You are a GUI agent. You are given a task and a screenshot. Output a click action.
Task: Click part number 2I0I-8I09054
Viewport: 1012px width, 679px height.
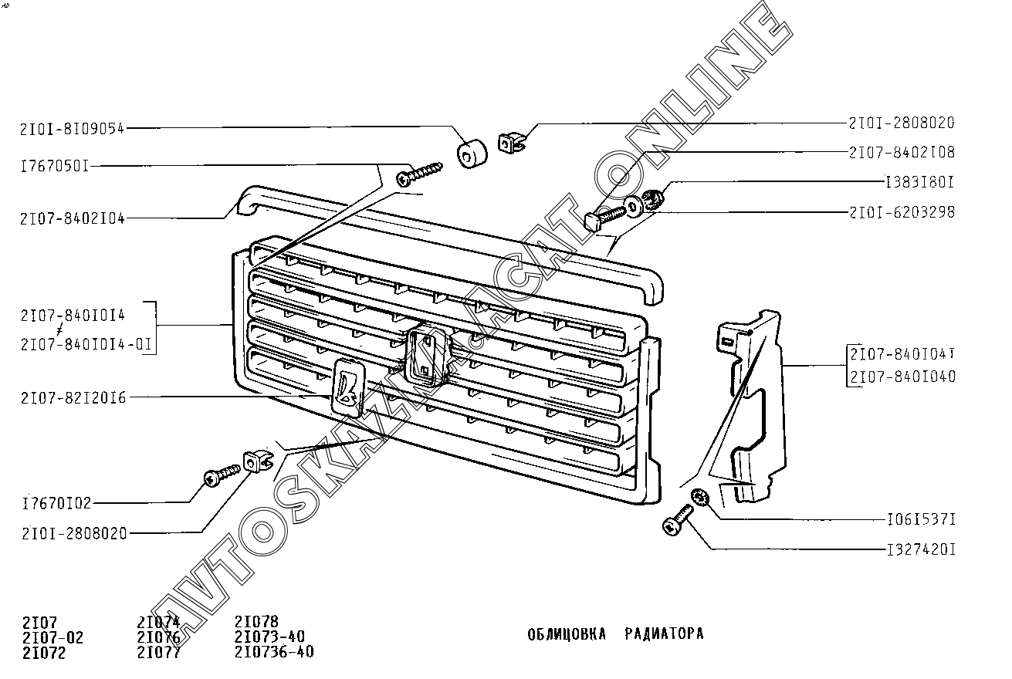tap(73, 129)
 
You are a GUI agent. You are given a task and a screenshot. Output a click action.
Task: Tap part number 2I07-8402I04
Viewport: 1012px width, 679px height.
tap(73, 218)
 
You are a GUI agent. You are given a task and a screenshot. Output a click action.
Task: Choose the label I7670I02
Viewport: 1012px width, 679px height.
tap(57, 504)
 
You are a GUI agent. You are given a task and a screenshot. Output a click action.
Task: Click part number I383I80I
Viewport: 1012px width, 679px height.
tap(919, 183)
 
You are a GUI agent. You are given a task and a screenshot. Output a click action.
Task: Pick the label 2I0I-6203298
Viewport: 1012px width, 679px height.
tap(902, 212)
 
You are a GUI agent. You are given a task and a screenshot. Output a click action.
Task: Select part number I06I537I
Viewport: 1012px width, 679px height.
tap(920, 520)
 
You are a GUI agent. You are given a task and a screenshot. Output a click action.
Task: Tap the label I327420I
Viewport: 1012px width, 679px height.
tap(920, 551)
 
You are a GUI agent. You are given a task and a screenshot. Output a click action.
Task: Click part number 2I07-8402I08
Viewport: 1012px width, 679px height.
tap(902, 153)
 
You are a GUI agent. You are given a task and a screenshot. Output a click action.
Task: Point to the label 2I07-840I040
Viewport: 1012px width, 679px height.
tap(902, 377)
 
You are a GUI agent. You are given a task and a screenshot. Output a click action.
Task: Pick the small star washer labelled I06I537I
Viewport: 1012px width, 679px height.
tap(701, 498)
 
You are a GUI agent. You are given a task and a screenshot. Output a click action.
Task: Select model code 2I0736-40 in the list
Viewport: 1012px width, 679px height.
tap(274, 652)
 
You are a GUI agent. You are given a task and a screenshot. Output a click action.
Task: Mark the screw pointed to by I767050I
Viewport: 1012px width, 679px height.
tap(419, 173)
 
